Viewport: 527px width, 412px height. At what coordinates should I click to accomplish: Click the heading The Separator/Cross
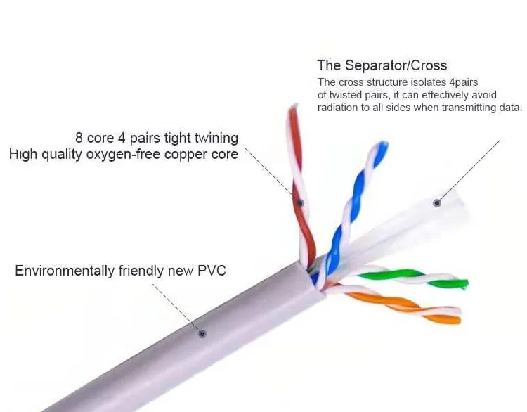[x=382, y=65]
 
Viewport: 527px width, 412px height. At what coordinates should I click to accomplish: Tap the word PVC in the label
[x=212, y=271]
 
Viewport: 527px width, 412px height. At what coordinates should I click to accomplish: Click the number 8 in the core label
[x=79, y=138]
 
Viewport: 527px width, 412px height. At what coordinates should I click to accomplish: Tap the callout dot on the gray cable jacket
[x=202, y=333]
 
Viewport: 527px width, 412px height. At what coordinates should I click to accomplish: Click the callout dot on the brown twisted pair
[x=301, y=203]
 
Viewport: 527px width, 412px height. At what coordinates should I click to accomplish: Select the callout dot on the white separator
[x=437, y=203]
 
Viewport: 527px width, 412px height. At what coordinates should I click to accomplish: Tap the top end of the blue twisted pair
[x=381, y=146]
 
